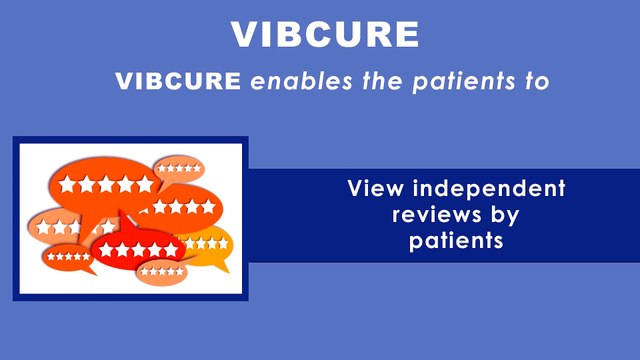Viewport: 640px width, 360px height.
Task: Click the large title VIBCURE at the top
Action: pyautogui.click(x=325, y=34)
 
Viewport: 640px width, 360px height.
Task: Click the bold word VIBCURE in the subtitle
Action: pyautogui.click(x=178, y=82)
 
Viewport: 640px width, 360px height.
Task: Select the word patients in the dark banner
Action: pyautogui.click(x=454, y=241)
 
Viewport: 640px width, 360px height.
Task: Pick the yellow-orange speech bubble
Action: pyautogui.click(x=205, y=244)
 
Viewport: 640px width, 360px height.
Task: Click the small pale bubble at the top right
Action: pyautogui.click(x=179, y=167)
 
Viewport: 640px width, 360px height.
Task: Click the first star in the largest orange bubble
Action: pyautogui.click(x=68, y=185)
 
